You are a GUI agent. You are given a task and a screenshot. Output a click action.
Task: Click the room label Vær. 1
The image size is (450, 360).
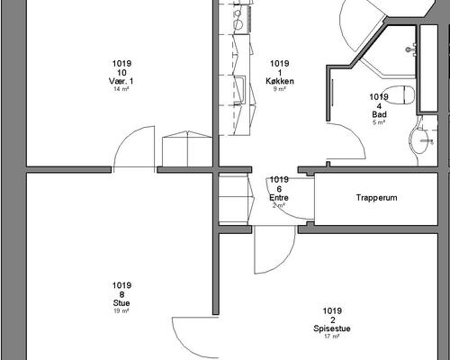pos(121,81)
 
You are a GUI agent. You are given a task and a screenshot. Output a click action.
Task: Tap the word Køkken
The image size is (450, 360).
pos(280,81)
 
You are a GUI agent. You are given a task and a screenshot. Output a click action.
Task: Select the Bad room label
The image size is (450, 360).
pos(379,114)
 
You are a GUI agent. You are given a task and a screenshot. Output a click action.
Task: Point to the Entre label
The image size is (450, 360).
pos(279,198)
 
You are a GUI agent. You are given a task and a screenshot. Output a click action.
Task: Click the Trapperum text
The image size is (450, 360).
pos(377,198)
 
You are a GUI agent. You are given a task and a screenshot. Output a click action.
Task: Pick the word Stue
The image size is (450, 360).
pos(121,302)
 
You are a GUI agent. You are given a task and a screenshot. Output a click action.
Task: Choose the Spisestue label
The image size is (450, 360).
pos(332,328)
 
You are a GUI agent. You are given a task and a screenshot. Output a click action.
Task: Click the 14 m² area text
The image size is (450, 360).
pos(121,89)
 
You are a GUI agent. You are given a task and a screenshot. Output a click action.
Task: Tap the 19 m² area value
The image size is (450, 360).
pos(121,310)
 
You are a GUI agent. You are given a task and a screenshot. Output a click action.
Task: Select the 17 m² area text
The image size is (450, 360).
pos(332,337)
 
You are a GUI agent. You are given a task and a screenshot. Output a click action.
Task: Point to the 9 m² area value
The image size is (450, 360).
pos(280,89)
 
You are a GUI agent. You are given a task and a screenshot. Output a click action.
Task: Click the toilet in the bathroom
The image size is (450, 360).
pos(399,94)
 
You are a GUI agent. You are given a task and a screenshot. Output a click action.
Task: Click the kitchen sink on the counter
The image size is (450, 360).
pos(240,90)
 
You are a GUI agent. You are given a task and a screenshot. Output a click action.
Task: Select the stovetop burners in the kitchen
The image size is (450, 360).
pos(238,19)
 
